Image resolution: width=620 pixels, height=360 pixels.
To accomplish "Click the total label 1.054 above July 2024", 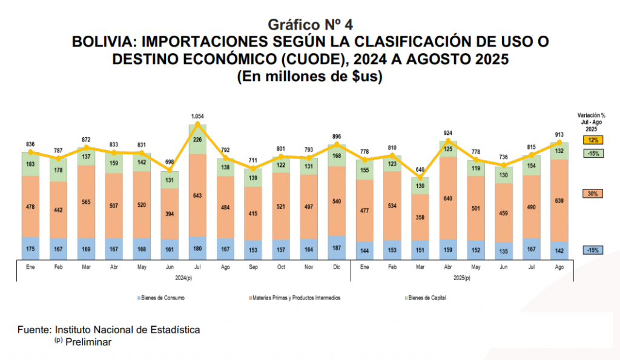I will click(197, 116).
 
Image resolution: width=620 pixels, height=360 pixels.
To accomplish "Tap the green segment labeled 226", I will click(197, 140).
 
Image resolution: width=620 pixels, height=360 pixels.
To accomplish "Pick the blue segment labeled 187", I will click(337, 248).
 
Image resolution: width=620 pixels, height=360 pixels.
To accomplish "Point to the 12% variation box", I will click(592, 140).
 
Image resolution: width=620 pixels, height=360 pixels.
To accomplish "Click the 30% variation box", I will click(592, 194).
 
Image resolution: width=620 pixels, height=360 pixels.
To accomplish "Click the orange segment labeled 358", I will click(420, 216).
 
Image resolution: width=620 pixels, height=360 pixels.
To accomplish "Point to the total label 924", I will click(447, 133).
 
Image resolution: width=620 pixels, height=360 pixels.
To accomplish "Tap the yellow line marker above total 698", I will click(170, 172).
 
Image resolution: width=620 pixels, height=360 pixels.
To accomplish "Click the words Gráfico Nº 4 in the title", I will click(310, 24).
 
